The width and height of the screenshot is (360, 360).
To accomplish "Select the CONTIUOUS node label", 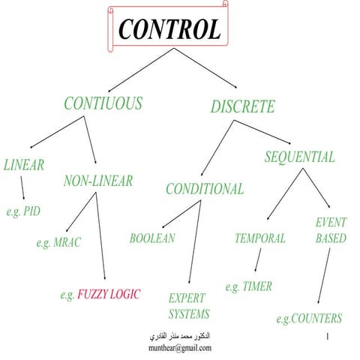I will coord(103,103).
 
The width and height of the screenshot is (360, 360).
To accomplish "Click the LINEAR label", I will coord(24,165).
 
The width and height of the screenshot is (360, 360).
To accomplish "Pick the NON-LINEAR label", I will coord(98,181).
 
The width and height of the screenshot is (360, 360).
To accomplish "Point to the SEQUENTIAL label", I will coord(299,157).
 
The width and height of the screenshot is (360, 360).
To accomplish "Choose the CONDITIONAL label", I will coord(205,189).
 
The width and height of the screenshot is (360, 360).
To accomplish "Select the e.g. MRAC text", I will coord(58,242).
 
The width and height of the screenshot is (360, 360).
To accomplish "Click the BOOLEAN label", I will coord(152,238).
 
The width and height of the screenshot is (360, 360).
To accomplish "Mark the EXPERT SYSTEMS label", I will coord(187,305).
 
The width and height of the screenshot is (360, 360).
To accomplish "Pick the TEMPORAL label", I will coord(260,238).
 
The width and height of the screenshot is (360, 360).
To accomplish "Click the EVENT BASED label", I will coord(330,230).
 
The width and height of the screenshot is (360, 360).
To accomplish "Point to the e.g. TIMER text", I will coord(249,286).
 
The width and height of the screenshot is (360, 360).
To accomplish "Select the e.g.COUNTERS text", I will coord(309,319).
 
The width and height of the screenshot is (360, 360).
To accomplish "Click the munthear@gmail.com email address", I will coord(180,348).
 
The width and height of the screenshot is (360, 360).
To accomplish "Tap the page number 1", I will coord(329,338).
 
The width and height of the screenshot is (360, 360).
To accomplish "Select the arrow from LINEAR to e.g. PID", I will coord(22,187).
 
